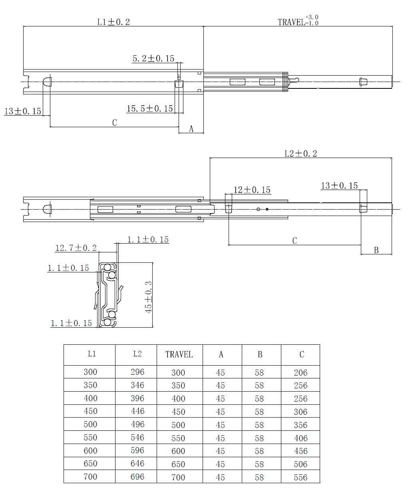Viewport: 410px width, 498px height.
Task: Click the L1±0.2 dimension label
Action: pos(113,22)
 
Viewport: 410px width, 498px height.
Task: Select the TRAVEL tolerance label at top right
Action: pos(298,20)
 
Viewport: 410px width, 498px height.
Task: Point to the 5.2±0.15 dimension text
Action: pos(153,58)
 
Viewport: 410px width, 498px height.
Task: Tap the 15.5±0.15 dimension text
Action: pos(149,108)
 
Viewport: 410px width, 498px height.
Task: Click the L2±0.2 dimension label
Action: pos(301,154)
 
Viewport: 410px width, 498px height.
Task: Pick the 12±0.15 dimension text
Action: pos(252,190)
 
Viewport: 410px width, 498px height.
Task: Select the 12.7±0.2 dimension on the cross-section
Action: pos(76,248)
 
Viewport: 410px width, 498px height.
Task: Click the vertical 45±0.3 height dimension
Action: pos(148,297)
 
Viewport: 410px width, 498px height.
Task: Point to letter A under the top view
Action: pos(191,129)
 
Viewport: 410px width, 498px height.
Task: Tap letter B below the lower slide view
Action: pos(376,250)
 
